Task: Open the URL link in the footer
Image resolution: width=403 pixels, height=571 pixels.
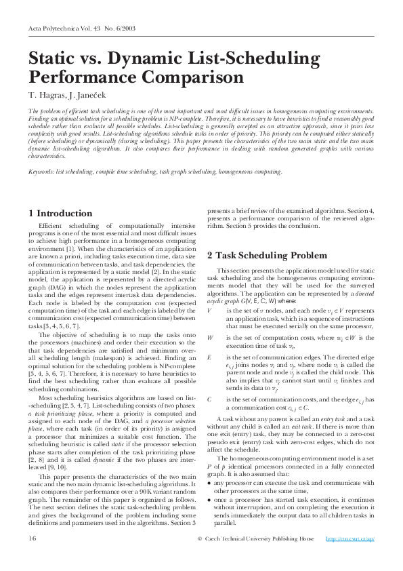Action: (x=350, y=538)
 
